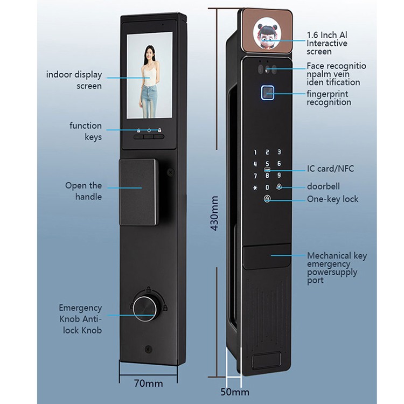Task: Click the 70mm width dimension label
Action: click(148, 384)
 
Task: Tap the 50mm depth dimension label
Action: click(234, 391)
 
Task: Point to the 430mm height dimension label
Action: click(214, 213)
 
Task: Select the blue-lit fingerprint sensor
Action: click(267, 93)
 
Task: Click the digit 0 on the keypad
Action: click(267, 187)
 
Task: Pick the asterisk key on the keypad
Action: click(255, 187)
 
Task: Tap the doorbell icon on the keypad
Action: click(279, 187)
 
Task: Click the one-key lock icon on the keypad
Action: click(267, 199)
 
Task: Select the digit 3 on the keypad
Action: click(279, 153)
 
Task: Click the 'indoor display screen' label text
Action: click(81, 80)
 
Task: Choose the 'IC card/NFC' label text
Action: click(331, 169)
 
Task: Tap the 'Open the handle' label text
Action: click(83, 191)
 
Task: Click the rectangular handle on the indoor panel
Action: click(138, 192)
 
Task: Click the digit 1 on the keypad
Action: click(256, 153)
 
